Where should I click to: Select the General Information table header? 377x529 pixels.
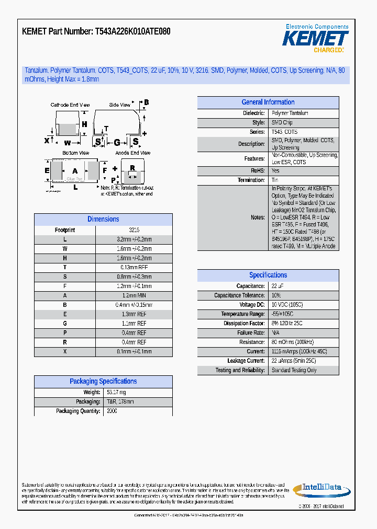(268, 102)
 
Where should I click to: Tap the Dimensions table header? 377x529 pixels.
(103, 220)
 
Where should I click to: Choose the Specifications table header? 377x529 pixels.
(268, 275)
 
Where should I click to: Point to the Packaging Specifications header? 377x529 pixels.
(103, 382)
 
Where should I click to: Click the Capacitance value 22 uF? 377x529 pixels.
(278, 286)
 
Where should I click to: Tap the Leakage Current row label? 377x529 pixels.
(246, 361)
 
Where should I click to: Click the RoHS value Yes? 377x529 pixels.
(275, 171)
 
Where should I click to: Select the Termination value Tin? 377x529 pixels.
(275, 180)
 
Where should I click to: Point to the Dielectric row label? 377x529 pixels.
(253, 113)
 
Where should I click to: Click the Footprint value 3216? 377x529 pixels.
(134, 230)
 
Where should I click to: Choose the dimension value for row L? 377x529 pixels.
(134, 239)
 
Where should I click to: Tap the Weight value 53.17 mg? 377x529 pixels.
(116, 393)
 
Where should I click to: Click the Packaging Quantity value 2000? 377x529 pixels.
(112, 411)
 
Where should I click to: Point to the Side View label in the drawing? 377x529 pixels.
(119, 105)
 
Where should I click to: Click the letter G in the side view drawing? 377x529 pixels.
(117, 142)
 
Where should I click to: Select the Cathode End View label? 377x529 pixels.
(70, 105)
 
